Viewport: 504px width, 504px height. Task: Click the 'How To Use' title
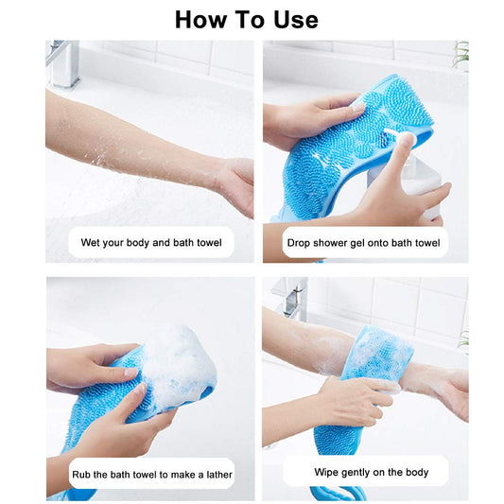(x=247, y=19)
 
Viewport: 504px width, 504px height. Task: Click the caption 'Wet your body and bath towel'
(x=151, y=243)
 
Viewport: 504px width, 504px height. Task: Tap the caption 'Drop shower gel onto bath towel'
(x=363, y=243)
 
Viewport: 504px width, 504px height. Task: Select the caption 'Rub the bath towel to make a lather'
(x=151, y=474)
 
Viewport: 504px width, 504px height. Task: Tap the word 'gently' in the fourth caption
(x=357, y=471)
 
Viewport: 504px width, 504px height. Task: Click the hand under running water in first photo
(x=234, y=183)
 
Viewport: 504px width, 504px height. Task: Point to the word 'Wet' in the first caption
(x=92, y=243)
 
